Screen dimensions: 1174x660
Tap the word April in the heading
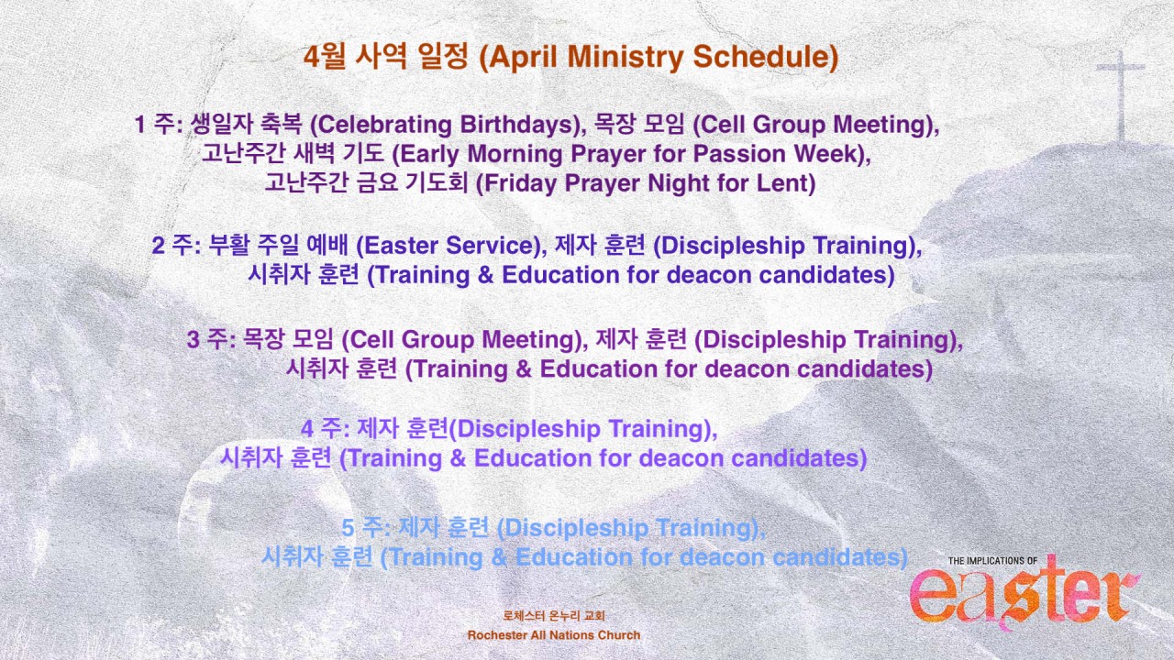[x=524, y=58]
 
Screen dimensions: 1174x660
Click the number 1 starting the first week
[x=140, y=125]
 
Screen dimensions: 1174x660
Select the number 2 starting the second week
[x=159, y=246]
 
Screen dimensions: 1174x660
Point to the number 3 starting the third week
[x=194, y=339]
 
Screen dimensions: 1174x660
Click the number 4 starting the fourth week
[x=307, y=428]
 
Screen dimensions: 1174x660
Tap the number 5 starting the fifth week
[x=348, y=527]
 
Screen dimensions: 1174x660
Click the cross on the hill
[x=1121, y=94]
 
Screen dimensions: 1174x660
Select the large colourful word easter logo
[x=1024, y=596]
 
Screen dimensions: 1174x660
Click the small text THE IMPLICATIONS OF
[x=992, y=561]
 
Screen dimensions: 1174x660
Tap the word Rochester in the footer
[x=497, y=635]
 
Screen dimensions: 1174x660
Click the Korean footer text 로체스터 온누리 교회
[x=553, y=616]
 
